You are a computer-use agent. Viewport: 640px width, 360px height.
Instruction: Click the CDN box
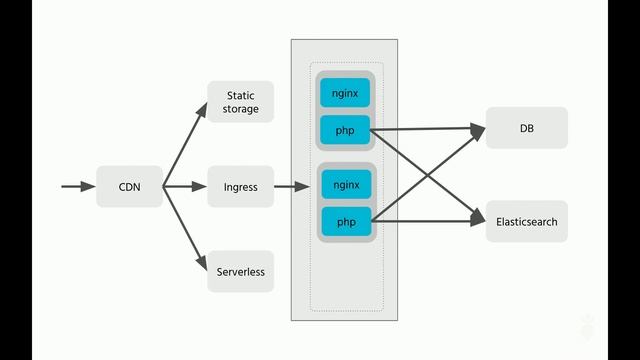[x=129, y=187]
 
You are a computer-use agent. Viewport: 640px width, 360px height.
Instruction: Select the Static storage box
[x=241, y=102]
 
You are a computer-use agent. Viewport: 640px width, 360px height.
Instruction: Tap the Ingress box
[x=241, y=187]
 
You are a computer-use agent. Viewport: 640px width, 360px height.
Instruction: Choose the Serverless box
[x=241, y=271]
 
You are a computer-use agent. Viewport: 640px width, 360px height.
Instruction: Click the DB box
[x=527, y=128]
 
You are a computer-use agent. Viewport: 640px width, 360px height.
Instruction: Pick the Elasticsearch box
[x=527, y=221]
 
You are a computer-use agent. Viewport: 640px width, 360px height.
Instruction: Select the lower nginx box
[x=346, y=184]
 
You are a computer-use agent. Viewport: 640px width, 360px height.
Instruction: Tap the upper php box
[x=346, y=129]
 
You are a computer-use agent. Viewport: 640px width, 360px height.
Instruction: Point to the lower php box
[x=346, y=221]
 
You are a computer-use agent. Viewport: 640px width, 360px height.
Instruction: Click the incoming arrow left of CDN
[x=74, y=187]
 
